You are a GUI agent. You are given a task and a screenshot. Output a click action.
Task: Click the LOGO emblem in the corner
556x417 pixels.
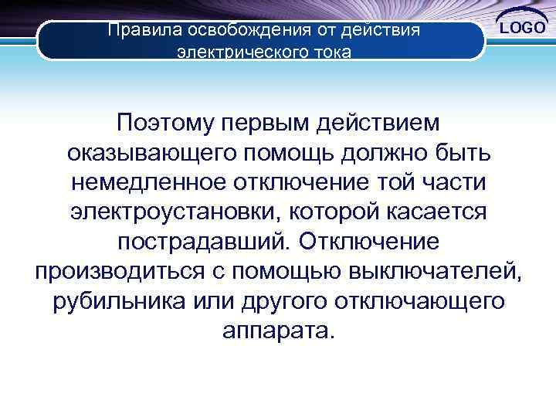(522, 28)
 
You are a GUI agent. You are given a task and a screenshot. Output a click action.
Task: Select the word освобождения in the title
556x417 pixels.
(236, 31)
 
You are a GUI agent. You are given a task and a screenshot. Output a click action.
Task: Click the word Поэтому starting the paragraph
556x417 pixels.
(164, 122)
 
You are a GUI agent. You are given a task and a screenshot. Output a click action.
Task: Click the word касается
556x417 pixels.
(437, 212)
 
